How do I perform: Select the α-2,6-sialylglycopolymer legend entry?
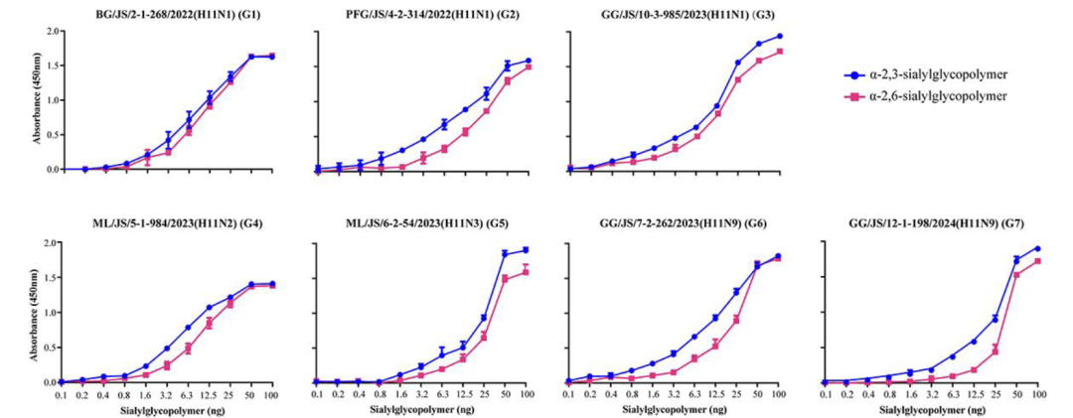[939, 95]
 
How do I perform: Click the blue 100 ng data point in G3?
[779, 36]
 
